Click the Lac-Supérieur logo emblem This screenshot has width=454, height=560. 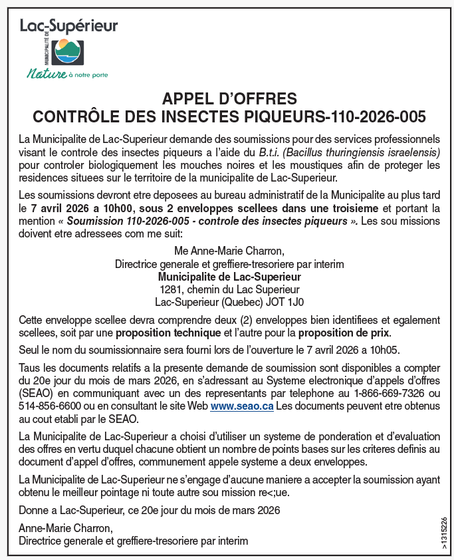point(68,51)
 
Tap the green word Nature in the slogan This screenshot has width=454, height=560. point(46,73)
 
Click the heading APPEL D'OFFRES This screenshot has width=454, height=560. point(229,99)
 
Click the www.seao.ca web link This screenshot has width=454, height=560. point(242,406)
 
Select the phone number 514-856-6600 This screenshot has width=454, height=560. point(49,406)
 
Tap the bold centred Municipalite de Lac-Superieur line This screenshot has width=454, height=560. point(229,276)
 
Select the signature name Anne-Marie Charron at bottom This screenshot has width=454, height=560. point(65,528)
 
